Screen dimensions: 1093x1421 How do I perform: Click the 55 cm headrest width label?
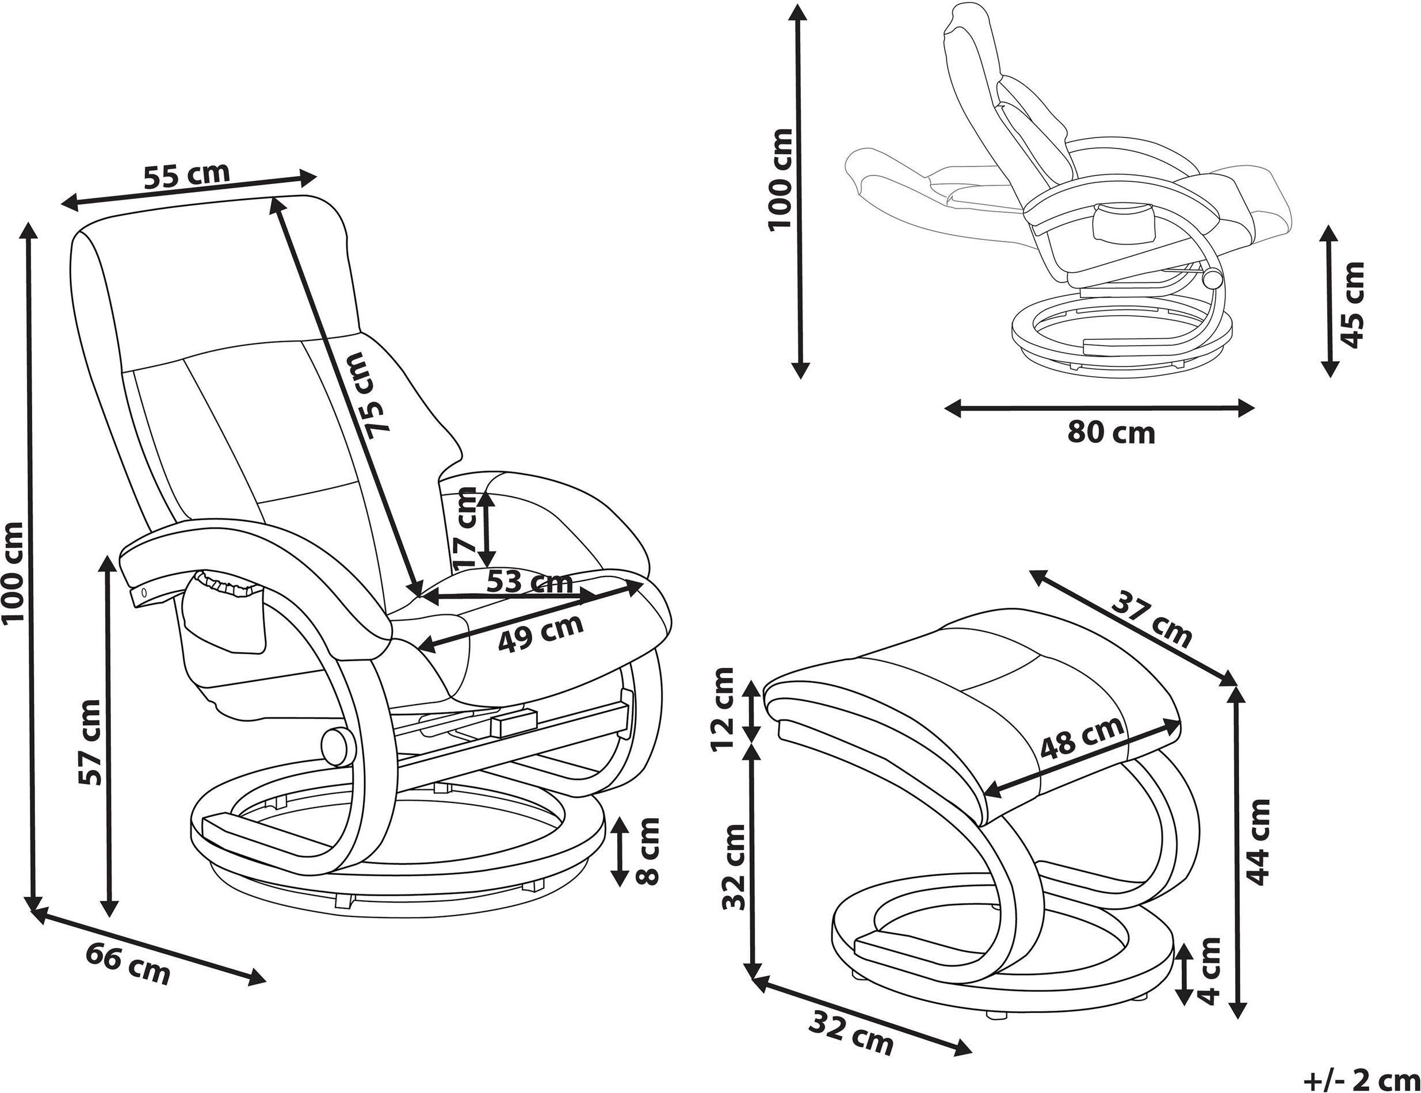tap(187, 175)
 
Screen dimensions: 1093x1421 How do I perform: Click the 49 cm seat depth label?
tap(540, 631)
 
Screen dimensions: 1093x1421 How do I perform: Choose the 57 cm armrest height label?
tap(90, 742)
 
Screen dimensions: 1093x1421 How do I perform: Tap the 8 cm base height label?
tap(646, 851)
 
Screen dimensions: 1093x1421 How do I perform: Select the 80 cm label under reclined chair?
tap(1111, 433)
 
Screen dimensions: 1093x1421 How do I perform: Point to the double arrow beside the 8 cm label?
tap(620, 851)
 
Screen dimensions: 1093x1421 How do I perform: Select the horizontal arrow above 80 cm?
tap(1099, 408)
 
